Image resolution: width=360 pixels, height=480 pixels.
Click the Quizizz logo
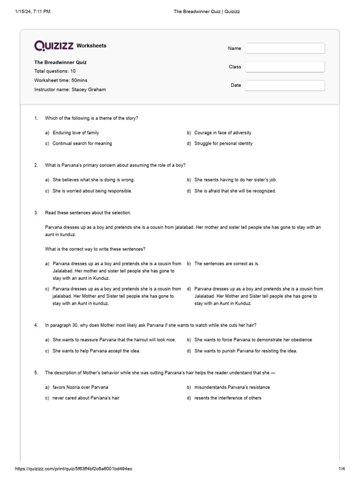click(x=54, y=45)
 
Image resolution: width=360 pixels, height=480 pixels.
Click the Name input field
click(x=285, y=48)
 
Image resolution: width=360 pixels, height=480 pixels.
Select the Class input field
click(x=285, y=67)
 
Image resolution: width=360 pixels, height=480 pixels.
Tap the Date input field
click(x=285, y=85)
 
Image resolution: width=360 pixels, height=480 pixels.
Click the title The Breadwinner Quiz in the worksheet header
click(x=60, y=62)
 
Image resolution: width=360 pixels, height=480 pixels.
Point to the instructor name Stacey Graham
click(x=70, y=90)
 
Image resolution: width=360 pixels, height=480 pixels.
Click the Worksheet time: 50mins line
click(x=60, y=81)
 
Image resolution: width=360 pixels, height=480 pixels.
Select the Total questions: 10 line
click(x=55, y=71)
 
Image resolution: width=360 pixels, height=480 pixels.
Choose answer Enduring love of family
click(x=75, y=133)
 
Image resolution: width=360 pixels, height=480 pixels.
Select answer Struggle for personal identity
click(x=223, y=143)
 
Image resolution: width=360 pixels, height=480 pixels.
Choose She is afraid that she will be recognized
click(x=235, y=191)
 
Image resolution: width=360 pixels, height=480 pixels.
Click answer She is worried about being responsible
click(x=92, y=191)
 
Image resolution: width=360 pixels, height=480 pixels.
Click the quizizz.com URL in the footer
click(x=74, y=469)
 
